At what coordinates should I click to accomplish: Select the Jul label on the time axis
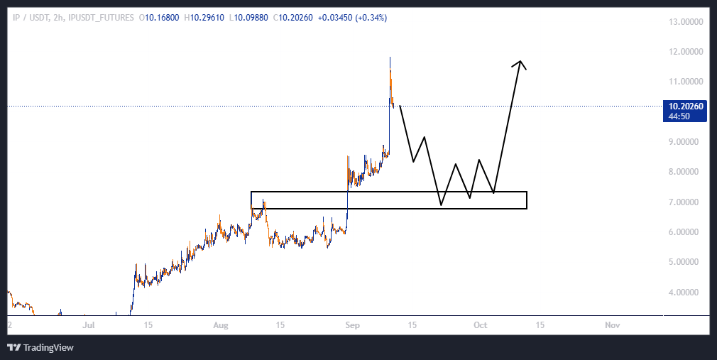[89, 325]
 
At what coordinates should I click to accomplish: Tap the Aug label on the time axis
[221, 325]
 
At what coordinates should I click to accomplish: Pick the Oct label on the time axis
[481, 325]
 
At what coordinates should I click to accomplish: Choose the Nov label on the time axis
[612, 325]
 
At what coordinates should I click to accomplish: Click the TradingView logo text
[48, 348]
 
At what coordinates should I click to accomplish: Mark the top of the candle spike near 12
[390, 57]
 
